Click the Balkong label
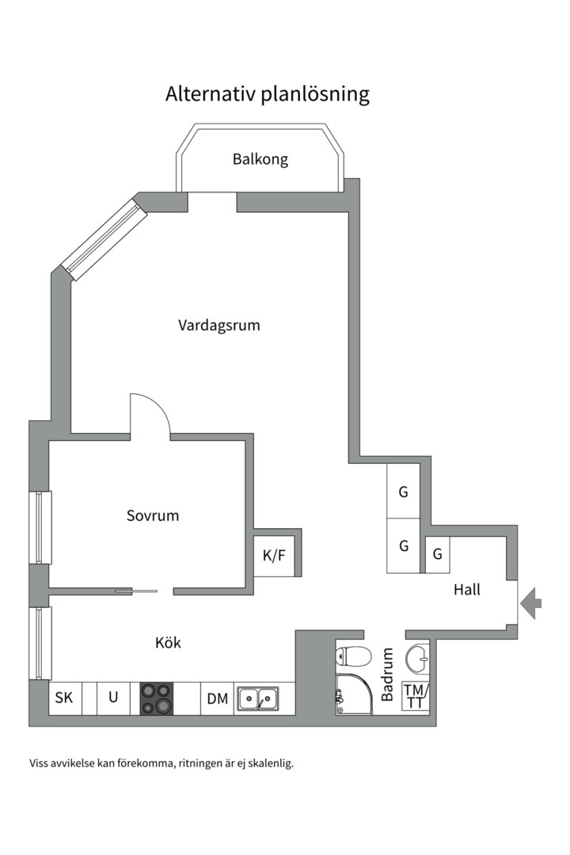(x=260, y=159)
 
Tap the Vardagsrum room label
(x=218, y=325)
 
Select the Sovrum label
(x=153, y=515)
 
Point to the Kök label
(x=168, y=643)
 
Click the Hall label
(x=467, y=590)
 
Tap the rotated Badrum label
(x=388, y=674)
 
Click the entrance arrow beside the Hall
(x=531, y=603)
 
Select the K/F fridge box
(x=274, y=556)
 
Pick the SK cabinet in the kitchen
(x=64, y=698)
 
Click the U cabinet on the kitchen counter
(x=113, y=698)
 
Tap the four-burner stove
(x=157, y=698)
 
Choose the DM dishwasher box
(x=217, y=698)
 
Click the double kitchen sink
(x=258, y=698)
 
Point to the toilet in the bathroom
(x=353, y=656)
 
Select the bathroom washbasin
(x=417, y=655)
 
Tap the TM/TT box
(x=416, y=696)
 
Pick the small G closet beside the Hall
(x=437, y=554)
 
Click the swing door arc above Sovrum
(x=150, y=413)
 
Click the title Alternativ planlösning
(x=268, y=94)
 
